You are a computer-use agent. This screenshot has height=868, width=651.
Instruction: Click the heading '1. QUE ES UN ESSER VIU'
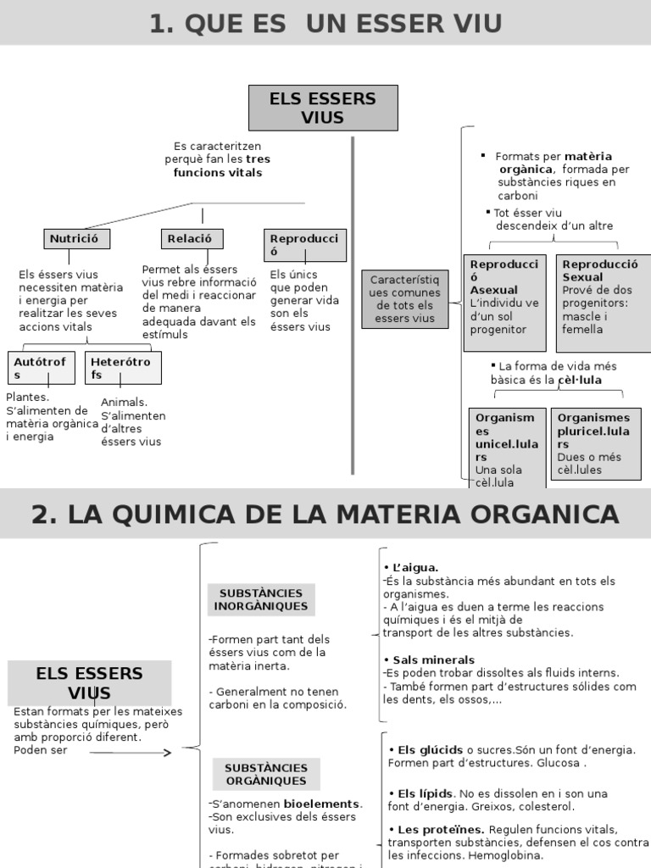coord(325,23)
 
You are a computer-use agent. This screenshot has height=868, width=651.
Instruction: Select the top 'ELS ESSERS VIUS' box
coord(323,108)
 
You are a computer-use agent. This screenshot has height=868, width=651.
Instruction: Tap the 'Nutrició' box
coord(76,239)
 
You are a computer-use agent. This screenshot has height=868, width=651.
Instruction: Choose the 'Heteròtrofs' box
coord(122,368)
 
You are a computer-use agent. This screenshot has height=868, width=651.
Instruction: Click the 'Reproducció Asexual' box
coord(504,302)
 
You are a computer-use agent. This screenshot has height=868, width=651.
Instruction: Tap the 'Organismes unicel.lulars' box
coord(505,448)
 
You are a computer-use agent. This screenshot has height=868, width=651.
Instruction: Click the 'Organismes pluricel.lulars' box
coord(595,443)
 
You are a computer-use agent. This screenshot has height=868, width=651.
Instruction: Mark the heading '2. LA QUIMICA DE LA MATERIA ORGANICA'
coord(325,514)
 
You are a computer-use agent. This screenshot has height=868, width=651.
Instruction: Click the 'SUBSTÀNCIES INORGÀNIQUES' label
coord(261,599)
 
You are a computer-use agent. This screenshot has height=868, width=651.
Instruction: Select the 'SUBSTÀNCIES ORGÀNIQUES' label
coord(265,773)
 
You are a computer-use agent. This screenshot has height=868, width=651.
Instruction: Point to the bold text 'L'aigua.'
coord(414,567)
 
